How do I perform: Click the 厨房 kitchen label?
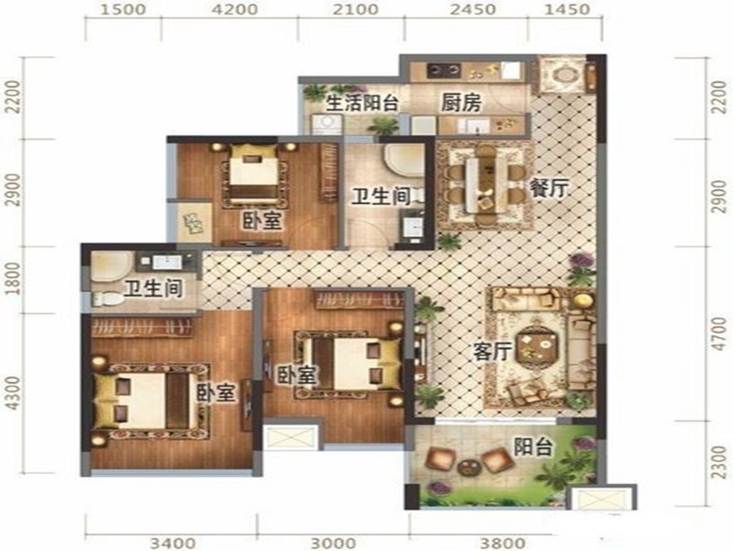[x=462, y=103]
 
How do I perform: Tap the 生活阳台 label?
[x=361, y=103]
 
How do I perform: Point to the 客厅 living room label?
[x=492, y=351]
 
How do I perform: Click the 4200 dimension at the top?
[x=235, y=9]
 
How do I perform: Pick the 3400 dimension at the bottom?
[x=172, y=543]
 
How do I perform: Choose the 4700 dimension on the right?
[x=718, y=333]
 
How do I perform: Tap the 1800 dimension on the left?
[x=14, y=278]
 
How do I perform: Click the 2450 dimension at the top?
[x=473, y=9]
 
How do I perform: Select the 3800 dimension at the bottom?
[x=503, y=543]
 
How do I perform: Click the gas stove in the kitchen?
[x=443, y=71]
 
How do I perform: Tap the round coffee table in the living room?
[x=538, y=347]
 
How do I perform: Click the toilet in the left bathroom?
[x=106, y=298]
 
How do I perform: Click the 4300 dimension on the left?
[x=14, y=393]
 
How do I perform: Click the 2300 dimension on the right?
[x=718, y=462]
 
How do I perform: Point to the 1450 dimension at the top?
[x=567, y=9]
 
